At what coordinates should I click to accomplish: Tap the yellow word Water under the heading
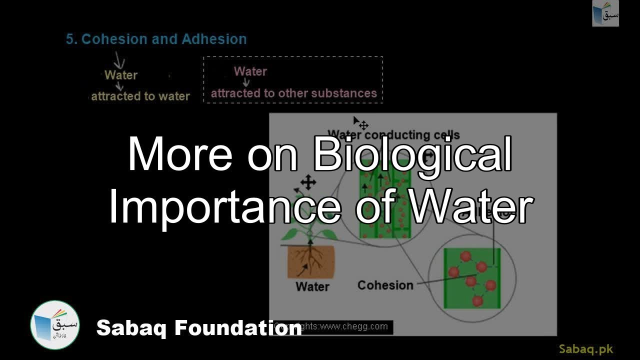coord(121,75)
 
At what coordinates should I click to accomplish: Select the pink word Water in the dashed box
coord(250,71)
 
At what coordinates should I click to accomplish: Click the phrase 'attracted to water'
coord(140,96)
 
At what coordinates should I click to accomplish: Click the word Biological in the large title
coord(412,154)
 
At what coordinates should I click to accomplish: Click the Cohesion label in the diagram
coord(385,285)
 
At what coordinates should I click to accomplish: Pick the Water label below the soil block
coord(312,286)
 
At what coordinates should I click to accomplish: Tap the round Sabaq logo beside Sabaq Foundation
coord(55,325)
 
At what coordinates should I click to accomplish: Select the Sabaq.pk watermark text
coord(586,349)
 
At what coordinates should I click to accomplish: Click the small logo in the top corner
coord(605,13)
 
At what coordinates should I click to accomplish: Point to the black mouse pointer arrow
coord(356,121)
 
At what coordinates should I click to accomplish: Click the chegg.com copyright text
coord(350,327)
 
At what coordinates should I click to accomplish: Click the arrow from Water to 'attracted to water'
coord(120,86)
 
